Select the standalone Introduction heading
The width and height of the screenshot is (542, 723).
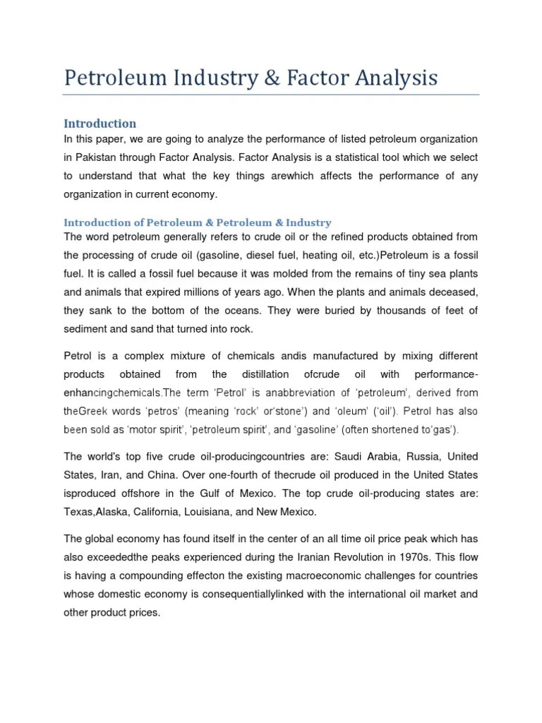100,124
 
